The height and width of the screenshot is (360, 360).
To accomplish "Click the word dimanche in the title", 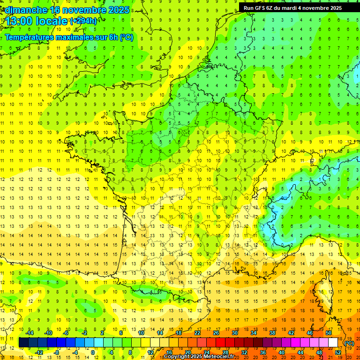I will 26,10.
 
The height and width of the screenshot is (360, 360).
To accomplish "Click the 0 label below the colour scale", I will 93,352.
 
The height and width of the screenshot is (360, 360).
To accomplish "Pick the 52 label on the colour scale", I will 337,352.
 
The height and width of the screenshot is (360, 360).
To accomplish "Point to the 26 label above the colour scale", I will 216,333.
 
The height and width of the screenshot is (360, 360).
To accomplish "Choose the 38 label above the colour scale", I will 272,333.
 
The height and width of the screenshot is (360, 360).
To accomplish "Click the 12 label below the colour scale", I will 150,352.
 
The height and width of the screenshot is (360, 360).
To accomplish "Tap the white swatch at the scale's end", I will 333,343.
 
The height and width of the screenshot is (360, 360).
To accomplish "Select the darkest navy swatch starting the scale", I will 23,343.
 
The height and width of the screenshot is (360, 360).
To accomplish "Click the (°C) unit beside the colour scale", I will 349,343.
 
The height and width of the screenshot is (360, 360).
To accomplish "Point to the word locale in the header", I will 51,22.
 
